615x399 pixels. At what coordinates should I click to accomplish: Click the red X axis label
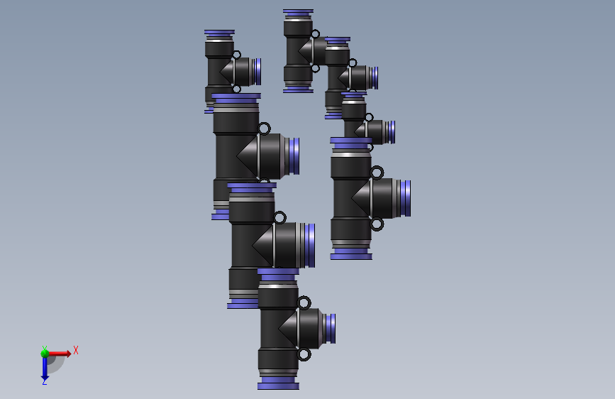tap(76, 350)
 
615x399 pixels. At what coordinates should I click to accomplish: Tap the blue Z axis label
tap(45, 382)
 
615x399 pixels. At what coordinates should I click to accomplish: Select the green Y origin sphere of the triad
tap(45, 354)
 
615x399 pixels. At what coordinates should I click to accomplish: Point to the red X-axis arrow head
tap(69, 354)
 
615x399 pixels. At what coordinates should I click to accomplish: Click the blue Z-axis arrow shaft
tap(45, 367)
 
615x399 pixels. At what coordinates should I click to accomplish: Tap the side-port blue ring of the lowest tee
tap(331, 328)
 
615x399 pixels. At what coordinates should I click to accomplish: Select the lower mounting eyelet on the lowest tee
tap(304, 354)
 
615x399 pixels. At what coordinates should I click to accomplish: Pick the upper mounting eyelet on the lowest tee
tap(304, 303)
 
